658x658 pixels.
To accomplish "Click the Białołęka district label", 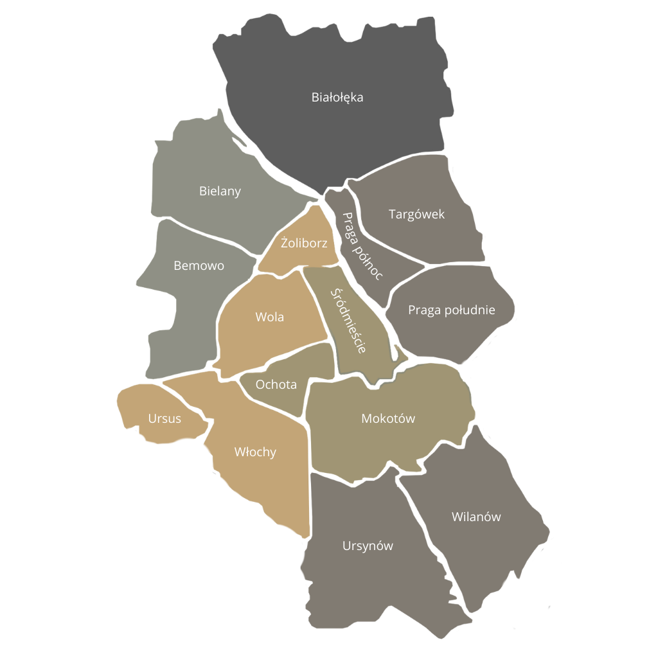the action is click(x=337, y=98).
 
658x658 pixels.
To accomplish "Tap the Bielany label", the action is click(x=220, y=191).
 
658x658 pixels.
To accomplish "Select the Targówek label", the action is click(x=416, y=215).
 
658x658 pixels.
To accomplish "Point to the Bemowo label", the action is click(x=199, y=265).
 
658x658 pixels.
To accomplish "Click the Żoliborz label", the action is click(x=305, y=244).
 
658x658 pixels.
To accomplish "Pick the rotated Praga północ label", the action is click(x=362, y=246).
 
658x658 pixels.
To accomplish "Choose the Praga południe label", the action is click(x=452, y=310).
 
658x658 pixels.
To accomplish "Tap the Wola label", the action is click(x=269, y=317).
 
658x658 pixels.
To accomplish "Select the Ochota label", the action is click(x=276, y=385).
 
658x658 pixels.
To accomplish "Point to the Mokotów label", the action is click(x=388, y=418).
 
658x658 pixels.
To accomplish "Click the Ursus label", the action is click(x=164, y=419).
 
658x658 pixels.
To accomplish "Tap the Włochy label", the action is click(x=255, y=452).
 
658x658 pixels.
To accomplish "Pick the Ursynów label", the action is click(x=368, y=546).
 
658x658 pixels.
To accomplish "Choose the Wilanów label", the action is click(x=476, y=517).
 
